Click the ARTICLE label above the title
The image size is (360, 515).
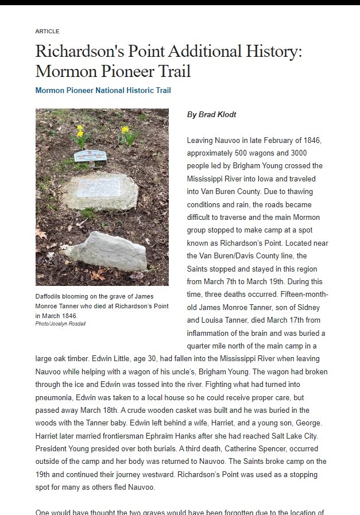click(47, 32)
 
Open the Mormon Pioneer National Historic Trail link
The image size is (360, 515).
click(103, 90)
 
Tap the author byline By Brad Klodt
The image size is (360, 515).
click(211, 114)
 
